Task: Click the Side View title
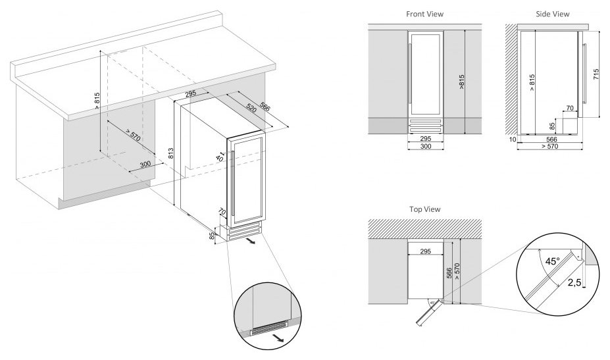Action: (x=553, y=13)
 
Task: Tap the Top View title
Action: (x=424, y=209)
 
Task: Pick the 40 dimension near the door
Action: (x=219, y=159)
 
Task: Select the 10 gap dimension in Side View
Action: (x=511, y=139)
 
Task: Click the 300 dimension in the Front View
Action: (x=425, y=147)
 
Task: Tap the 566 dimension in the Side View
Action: (x=551, y=139)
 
